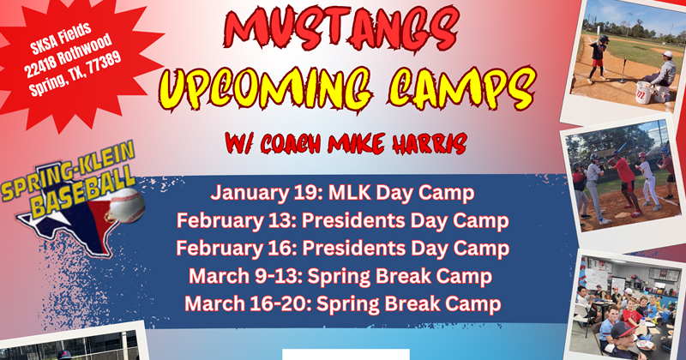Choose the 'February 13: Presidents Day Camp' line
[343, 220]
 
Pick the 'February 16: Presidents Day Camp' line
[343, 248]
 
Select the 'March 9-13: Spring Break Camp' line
[343, 276]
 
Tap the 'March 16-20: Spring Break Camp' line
[343, 303]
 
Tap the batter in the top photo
[598, 56]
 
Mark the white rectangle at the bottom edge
[346, 354]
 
